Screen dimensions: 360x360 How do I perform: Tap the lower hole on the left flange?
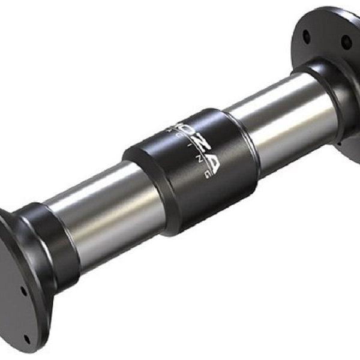[x=25, y=292]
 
